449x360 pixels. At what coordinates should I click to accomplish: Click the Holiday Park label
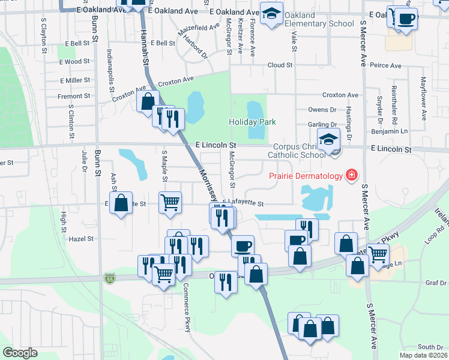[252, 122]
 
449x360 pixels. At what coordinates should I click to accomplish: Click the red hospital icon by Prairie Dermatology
[351, 175]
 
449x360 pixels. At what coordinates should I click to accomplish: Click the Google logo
[20, 352]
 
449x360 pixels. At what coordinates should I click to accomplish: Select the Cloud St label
[280, 65]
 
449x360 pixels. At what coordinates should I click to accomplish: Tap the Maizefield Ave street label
[199, 28]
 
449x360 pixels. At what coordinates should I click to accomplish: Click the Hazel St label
[82, 238]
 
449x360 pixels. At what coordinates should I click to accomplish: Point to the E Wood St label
[75, 61]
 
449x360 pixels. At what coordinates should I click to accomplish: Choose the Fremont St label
[74, 96]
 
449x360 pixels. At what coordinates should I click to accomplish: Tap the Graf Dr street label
[433, 283]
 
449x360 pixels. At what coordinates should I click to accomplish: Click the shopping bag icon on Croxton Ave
[148, 101]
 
